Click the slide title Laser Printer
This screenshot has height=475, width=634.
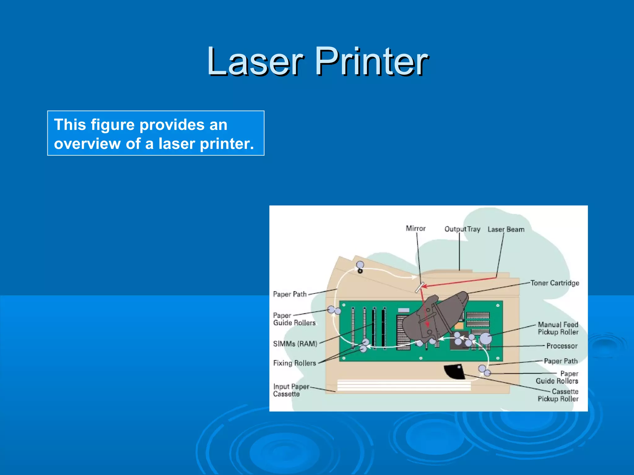(318, 61)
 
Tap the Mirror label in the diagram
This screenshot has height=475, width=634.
(415, 229)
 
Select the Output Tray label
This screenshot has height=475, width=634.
(462, 229)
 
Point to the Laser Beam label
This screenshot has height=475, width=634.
(506, 229)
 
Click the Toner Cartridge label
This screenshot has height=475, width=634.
(554, 283)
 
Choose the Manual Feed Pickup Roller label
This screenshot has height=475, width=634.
(558, 328)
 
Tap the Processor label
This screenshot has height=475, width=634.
(562, 346)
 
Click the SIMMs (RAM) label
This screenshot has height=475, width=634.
(295, 344)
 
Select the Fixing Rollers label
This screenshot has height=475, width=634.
(294, 363)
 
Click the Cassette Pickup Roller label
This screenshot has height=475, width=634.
(558, 395)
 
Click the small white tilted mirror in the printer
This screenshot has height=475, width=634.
(419, 288)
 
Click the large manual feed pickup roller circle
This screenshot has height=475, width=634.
(486, 338)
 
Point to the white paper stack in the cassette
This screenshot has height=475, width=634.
(404, 385)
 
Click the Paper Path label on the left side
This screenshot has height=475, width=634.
(290, 294)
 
